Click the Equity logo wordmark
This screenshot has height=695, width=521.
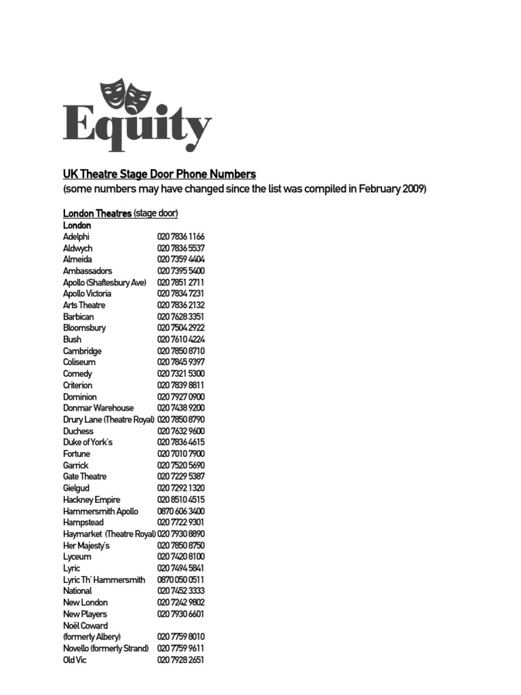point(137,126)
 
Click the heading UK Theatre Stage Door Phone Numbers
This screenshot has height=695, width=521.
point(159,174)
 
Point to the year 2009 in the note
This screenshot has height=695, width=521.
point(413,189)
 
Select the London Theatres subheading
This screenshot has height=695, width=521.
point(97,213)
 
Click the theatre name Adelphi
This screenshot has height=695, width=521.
point(76,237)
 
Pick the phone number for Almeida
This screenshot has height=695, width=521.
point(180,259)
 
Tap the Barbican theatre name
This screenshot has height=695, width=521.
point(78,317)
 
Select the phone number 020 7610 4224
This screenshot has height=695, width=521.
point(180,339)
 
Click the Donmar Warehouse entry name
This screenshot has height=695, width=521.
point(98,408)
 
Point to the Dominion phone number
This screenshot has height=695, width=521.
point(180,397)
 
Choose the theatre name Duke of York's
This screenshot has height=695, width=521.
point(88,443)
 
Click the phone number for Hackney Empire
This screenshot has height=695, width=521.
point(180,500)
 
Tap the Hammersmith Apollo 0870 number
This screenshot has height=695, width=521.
point(180,511)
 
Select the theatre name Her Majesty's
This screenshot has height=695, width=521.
point(86,546)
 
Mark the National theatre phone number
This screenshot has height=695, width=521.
point(180,591)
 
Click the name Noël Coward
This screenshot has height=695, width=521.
point(85,626)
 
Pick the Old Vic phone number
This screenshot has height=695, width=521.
point(180,660)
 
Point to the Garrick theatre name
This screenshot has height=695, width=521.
point(75,466)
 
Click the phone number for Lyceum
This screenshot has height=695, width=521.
point(180,557)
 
